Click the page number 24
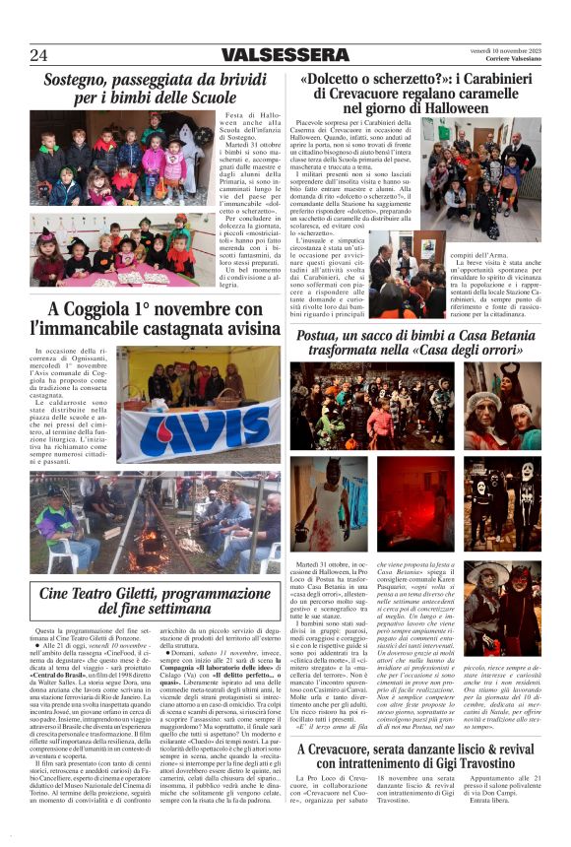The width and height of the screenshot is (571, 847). click(x=38, y=54)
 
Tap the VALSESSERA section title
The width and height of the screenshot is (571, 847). click(x=285, y=55)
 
